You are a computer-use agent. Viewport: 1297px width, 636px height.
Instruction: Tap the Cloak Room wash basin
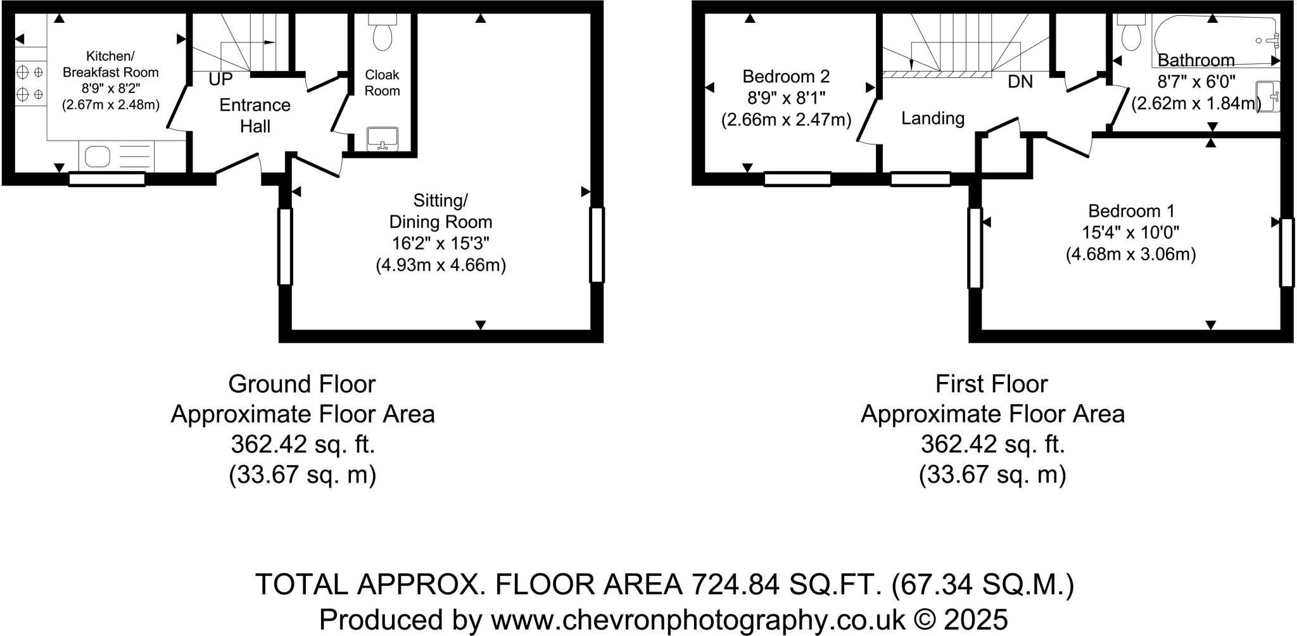pos(383,139)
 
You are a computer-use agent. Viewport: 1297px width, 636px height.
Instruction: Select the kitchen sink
pos(97,156)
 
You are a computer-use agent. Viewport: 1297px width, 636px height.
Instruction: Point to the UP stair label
pos(220,79)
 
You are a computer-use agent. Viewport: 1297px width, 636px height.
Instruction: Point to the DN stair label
pos(1020,82)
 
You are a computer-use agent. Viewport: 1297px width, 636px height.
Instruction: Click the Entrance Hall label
pos(255,115)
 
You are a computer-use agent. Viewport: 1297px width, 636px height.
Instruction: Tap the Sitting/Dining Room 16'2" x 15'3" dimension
pos(440,243)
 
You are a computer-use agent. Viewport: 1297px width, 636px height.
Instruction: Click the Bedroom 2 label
pos(785,77)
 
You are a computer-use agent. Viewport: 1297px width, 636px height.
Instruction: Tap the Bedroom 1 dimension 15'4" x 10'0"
pos(1130,232)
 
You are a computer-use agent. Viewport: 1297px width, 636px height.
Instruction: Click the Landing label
pos(932,118)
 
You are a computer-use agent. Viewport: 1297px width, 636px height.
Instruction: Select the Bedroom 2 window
pos(797,179)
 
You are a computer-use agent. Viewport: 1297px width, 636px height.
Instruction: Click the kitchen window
pos(106,179)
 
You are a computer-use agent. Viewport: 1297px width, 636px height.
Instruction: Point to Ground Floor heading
pos(302,384)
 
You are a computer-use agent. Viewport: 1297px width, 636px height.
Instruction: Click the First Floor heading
pos(992,384)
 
